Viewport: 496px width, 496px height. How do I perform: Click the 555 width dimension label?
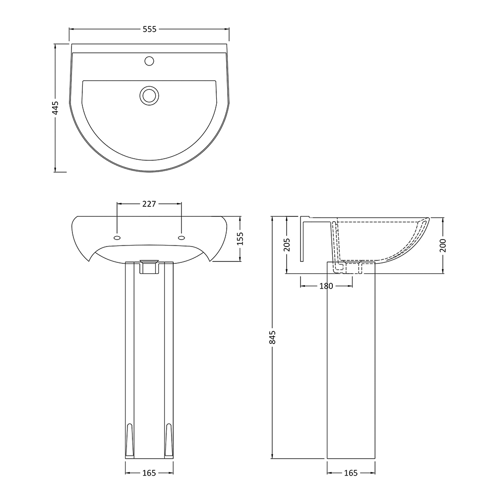point(149,29)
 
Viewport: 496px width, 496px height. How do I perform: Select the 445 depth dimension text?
point(56,108)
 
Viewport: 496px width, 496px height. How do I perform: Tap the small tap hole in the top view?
point(149,62)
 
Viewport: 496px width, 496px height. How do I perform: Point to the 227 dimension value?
point(149,203)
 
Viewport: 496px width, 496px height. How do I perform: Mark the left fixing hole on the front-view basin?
point(117,237)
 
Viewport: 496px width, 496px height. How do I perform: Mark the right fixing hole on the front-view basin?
point(181,237)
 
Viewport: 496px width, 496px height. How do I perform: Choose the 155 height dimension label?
point(241,239)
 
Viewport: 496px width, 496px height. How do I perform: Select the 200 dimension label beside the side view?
point(442,245)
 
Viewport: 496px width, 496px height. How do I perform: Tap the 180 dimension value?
point(326,286)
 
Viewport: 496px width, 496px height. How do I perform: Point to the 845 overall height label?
point(272,337)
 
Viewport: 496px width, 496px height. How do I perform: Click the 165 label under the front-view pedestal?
point(149,473)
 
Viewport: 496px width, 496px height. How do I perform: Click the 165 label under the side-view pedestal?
point(351,473)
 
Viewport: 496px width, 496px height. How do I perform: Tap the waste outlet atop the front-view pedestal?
point(149,266)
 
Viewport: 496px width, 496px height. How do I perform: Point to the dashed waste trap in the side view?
point(350,268)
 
